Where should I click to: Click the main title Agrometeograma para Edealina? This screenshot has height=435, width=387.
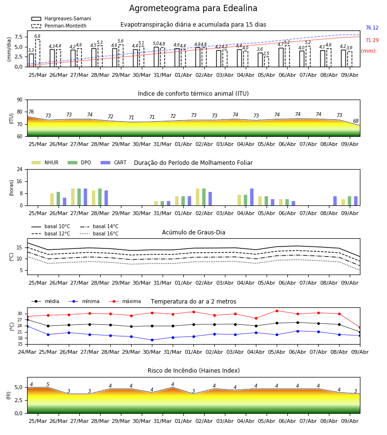point(193,8)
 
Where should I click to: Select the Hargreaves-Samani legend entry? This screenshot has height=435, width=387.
point(61,18)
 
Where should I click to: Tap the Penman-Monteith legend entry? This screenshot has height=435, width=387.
point(59,26)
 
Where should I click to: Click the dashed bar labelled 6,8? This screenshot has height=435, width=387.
point(37,53)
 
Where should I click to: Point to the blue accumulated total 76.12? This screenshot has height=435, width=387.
point(372,28)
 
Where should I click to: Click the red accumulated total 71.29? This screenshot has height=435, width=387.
point(372,40)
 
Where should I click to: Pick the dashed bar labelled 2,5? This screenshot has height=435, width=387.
point(266,62)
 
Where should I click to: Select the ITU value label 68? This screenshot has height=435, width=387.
point(356,121)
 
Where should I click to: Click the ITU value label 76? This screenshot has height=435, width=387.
point(31,112)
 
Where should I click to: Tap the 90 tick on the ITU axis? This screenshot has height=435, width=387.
point(20,100)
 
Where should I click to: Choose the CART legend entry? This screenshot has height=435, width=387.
point(114,162)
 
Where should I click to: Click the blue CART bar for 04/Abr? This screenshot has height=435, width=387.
point(252,197)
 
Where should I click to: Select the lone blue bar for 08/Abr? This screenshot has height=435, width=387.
point(335,201)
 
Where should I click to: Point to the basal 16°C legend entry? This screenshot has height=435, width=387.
point(99,233)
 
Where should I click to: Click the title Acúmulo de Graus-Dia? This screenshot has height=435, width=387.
point(193,232)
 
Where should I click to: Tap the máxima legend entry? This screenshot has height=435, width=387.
point(125,301)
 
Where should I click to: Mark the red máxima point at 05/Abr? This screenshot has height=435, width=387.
point(277,311)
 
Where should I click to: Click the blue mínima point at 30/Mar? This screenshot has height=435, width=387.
point(152,340)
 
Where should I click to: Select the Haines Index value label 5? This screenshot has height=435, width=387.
point(48,385)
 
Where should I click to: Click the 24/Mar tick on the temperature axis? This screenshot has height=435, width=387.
point(27,352)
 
